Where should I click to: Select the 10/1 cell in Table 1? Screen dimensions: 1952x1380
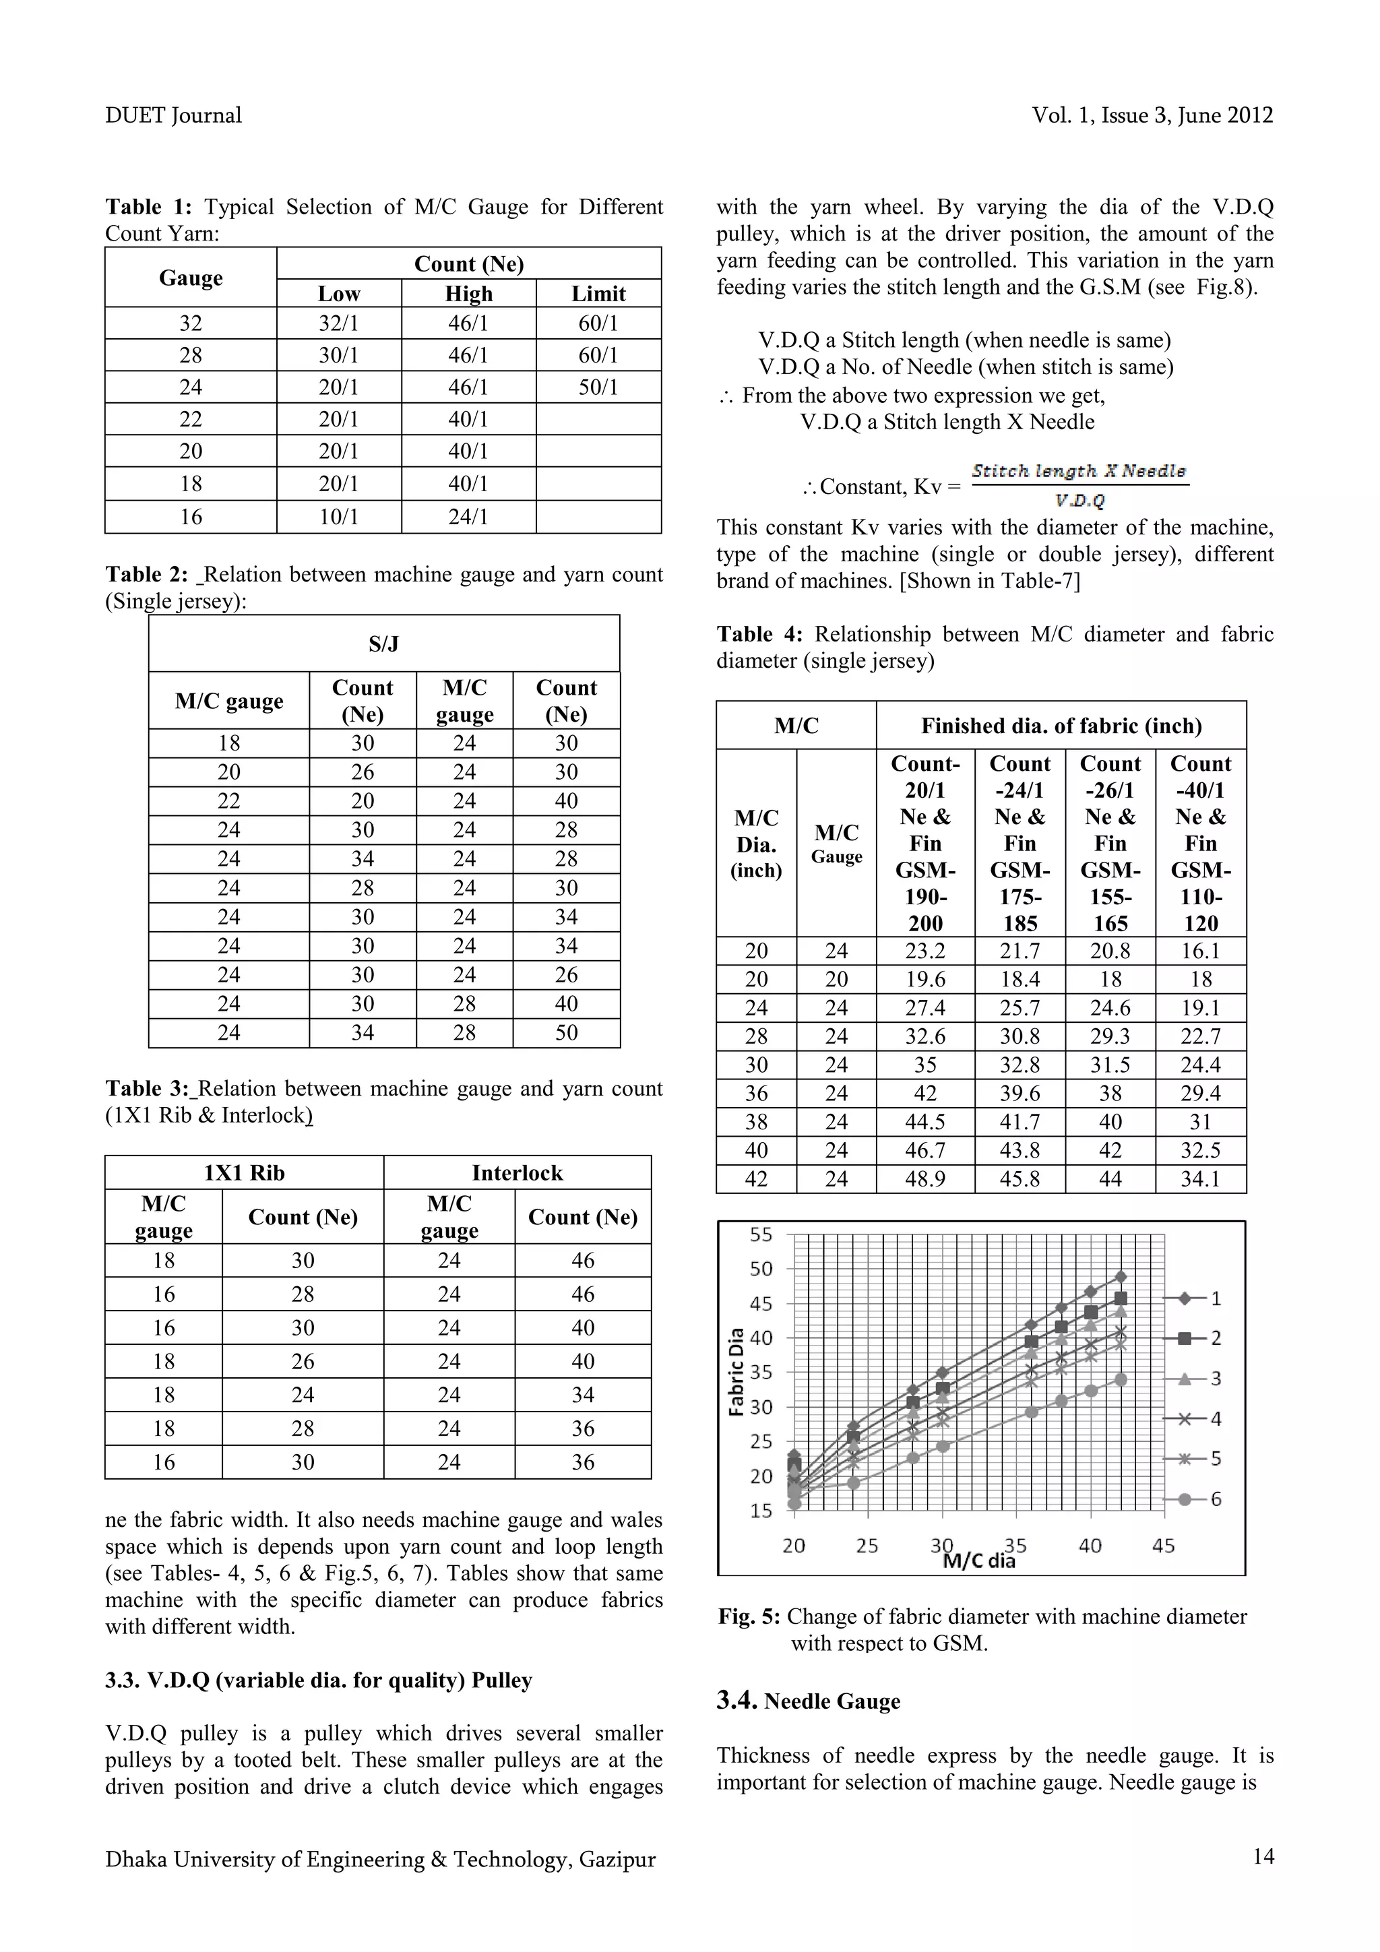(338, 516)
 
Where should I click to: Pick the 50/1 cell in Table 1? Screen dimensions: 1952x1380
(598, 387)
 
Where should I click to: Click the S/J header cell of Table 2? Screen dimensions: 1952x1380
(383, 643)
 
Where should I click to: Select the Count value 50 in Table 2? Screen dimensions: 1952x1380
(566, 1032)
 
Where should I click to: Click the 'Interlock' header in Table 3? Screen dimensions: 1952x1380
(517, 1172)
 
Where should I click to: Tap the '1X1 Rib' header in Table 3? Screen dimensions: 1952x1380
(244, 1172)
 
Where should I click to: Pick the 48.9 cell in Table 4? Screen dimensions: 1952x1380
(925, 1178)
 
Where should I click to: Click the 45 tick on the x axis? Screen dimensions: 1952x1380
(1163, 1546)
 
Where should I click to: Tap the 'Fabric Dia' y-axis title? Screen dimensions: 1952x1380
(737, 1372)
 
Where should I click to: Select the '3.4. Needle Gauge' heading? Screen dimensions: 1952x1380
(808, 1701)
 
